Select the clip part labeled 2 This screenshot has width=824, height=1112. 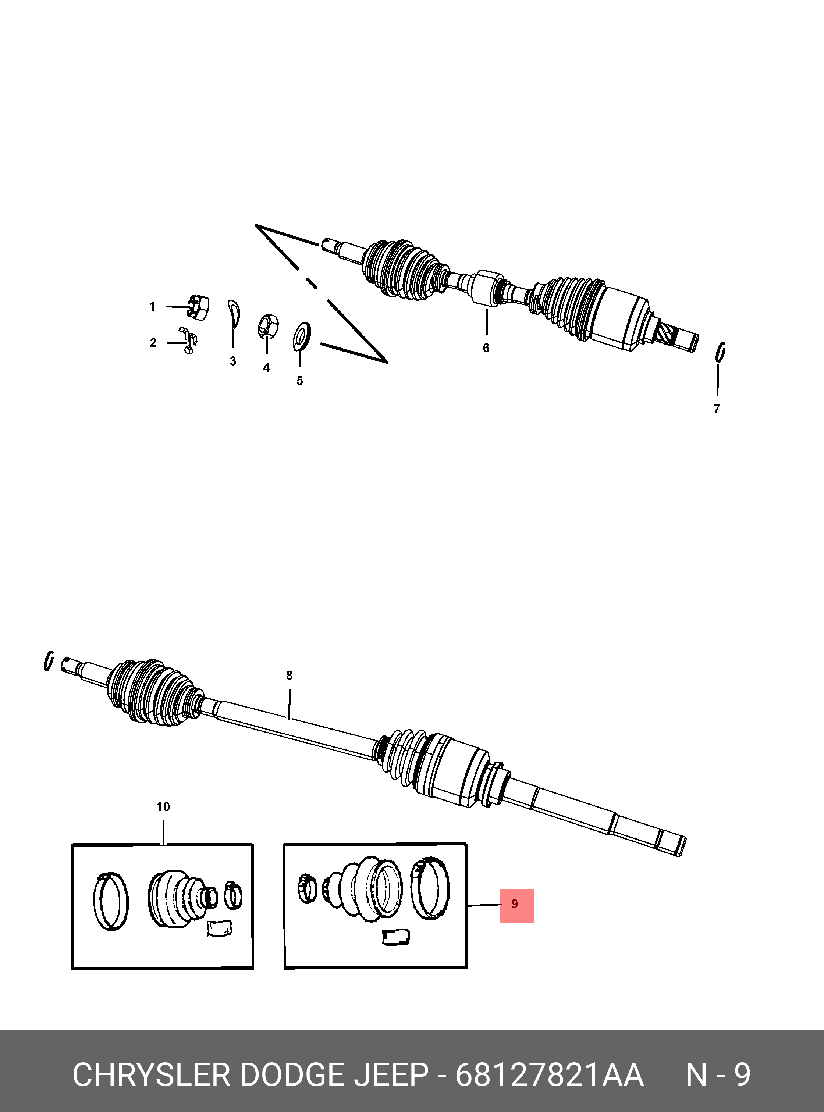tap(188, 340)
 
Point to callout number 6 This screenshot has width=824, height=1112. tap(486, 347)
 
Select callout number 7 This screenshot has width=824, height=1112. tap(717, 409)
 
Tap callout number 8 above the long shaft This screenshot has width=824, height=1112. tap(289, 676)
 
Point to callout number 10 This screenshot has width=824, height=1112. tap(163, 807)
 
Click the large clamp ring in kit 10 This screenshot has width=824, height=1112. tap(111, 901)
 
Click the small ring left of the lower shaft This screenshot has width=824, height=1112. tap(49, 661)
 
